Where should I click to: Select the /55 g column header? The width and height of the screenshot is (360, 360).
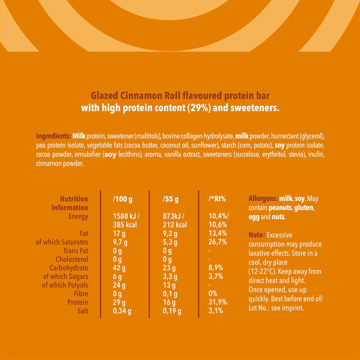(x=171, y=199)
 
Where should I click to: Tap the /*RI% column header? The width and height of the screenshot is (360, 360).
(x=217, y=199)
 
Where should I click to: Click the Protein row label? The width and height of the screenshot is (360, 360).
(x=78, y=302)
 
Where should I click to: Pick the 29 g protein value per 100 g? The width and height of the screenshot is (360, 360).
(x=119, y=302)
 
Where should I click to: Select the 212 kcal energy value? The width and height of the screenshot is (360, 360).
(x=175, y=225)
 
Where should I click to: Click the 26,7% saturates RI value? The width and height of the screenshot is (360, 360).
(x=218, y=242)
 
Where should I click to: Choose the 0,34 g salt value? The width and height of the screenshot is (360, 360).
(x=122, y=311)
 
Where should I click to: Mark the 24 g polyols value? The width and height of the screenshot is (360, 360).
(x=119, y=285)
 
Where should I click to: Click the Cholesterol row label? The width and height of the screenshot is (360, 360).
(x=72, y=259)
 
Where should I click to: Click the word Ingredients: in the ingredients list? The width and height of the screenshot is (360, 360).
(x=53, y=137)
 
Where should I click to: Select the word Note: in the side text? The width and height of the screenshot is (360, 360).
(x=257, y=235)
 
